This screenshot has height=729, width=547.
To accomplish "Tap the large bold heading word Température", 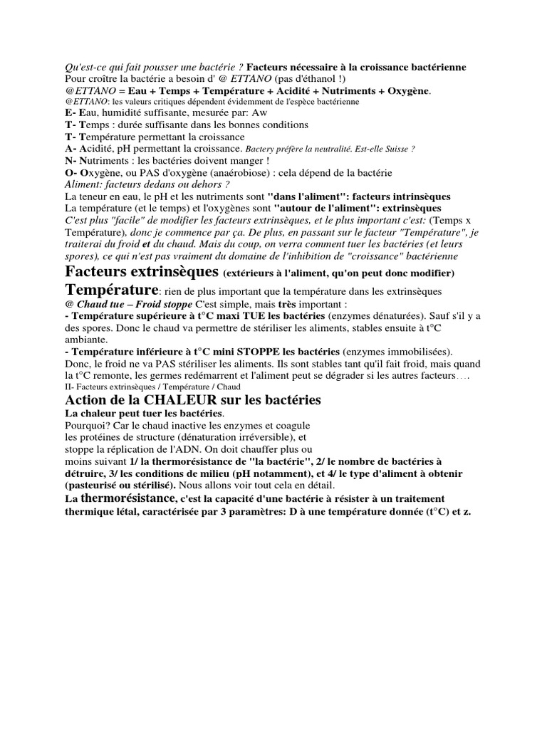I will pos(111,290).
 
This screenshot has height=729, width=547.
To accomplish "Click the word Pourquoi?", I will pos(88,425).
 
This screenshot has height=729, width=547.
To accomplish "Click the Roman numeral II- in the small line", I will pos(69,386).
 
